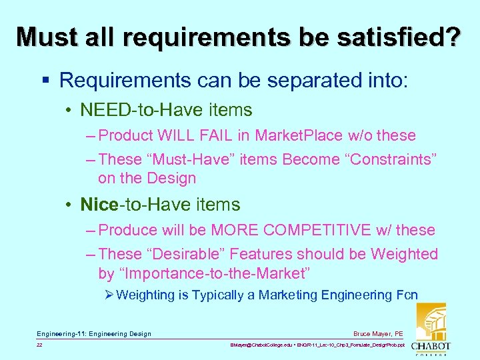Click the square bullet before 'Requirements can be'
(x=45, y=81)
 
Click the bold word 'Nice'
(x=99, y=205)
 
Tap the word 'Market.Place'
(x=297, y=136)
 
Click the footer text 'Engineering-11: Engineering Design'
(x=94, y=334)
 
